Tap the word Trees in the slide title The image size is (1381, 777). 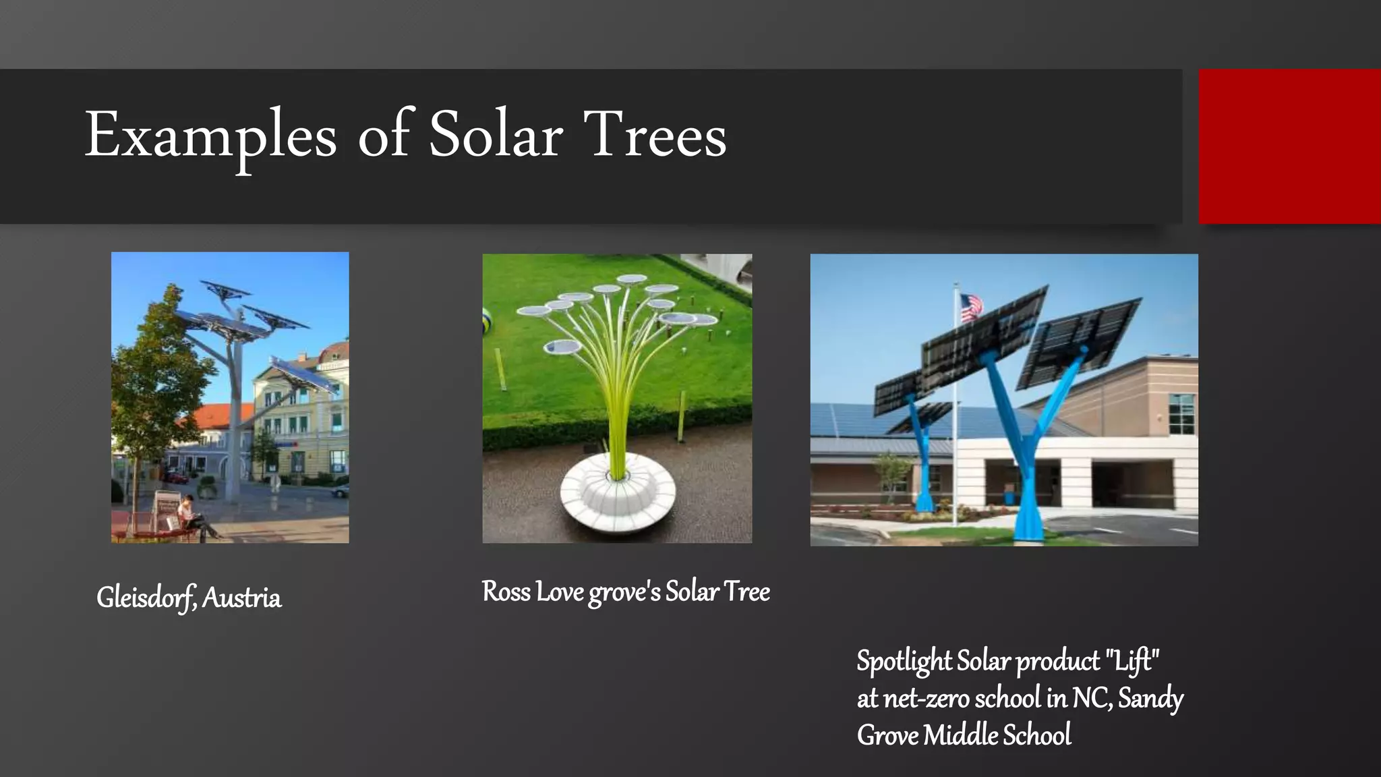pyautogui.click(x=655, y=135)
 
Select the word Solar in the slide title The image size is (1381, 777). pyautogui.click(x=496, y=135)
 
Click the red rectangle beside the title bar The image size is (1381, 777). pyautogui.click(x=1289, y=146)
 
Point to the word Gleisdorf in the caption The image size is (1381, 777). pyautogui.click(x=146, y=598)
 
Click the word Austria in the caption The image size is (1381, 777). pyautogui.click(x=241, y=598)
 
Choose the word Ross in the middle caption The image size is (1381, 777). pyautogui.click(x=506, y=592)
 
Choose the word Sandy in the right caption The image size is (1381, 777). pyautogui.click(x=1150, y=698)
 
